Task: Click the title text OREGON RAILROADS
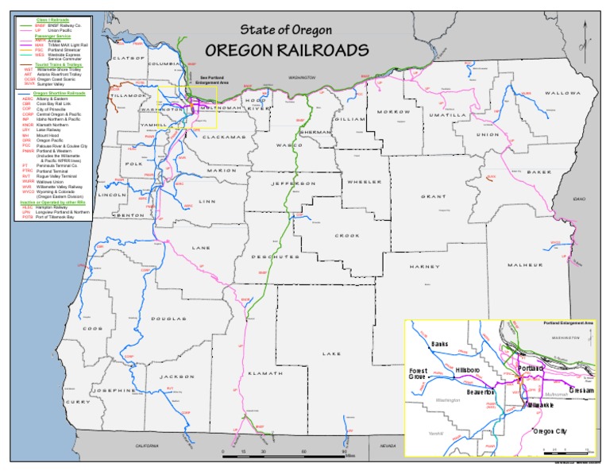[287, 49]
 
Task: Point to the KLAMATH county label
[264, 373]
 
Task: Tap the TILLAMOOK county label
[127, 95]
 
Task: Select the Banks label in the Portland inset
[439, 344]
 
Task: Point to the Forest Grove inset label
[418, 374]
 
